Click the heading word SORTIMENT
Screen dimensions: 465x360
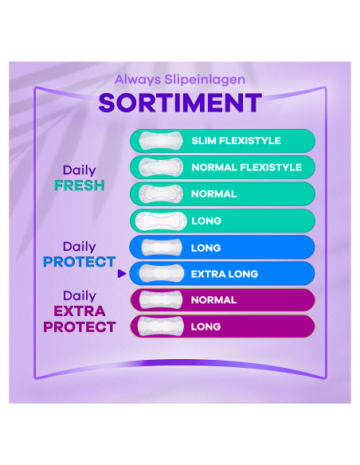[179, 103]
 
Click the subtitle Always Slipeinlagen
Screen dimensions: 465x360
[179, 80]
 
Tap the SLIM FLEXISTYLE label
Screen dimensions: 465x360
[236, 141]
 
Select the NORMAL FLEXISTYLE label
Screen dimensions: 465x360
[246, 167]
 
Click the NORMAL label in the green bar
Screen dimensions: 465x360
[213, 193]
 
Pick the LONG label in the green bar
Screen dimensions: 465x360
[206, 221]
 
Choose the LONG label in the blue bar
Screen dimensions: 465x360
[205, 248]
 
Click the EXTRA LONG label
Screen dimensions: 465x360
[224, 274]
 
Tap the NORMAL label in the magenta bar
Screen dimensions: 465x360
[213, 300]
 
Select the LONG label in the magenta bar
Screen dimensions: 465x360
[205, 326]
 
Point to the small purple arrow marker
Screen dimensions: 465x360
[121, 274]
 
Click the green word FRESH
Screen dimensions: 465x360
[79, 186]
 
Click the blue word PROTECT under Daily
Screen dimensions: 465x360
[79, 262]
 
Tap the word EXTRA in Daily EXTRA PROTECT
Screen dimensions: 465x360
[79, 311]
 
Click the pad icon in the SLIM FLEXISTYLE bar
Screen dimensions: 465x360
[157, 141]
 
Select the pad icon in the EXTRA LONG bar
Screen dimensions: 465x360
[157, 274]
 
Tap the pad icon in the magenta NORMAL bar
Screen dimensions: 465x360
[157, 300]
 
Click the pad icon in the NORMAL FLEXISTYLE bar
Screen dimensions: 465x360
[157, 167]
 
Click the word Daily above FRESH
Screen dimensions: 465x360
[79, 170]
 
